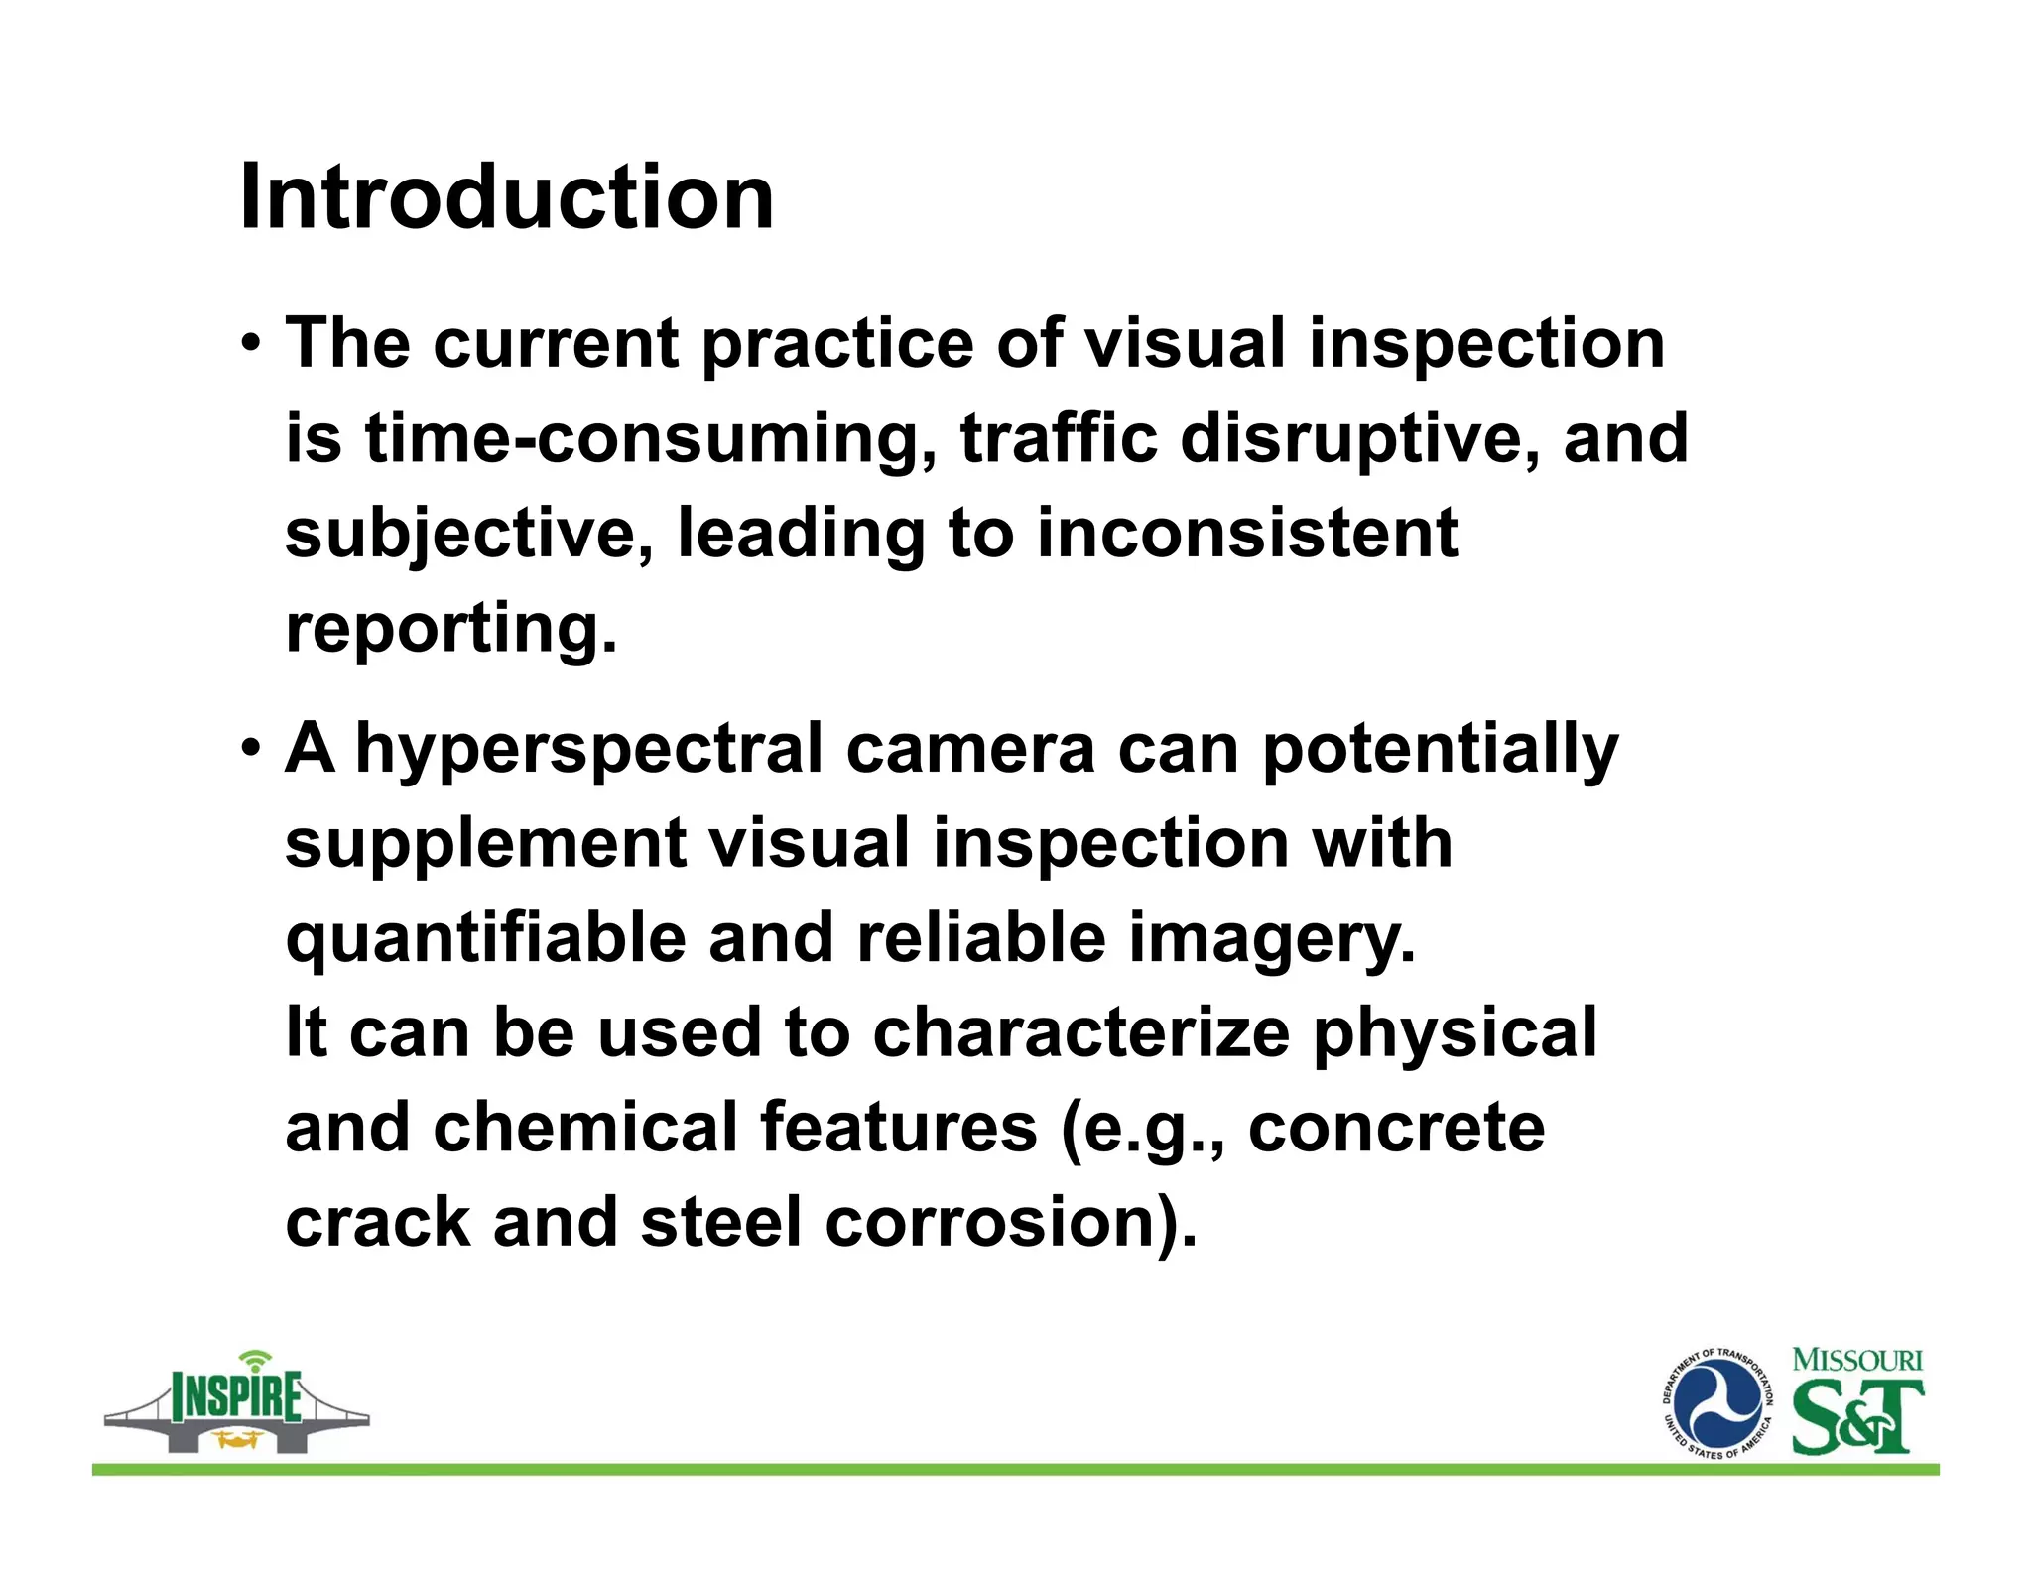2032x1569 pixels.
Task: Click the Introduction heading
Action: (x=506, y=197)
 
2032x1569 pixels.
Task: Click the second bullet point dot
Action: (x=251, y=749)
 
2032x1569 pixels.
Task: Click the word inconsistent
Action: (x=1246, y=533)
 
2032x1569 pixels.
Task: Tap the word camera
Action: (x=969, y=749)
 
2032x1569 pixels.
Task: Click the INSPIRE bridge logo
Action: (x=236, y=1403)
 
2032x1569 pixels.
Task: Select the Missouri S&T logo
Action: (x=1856, y=1402)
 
